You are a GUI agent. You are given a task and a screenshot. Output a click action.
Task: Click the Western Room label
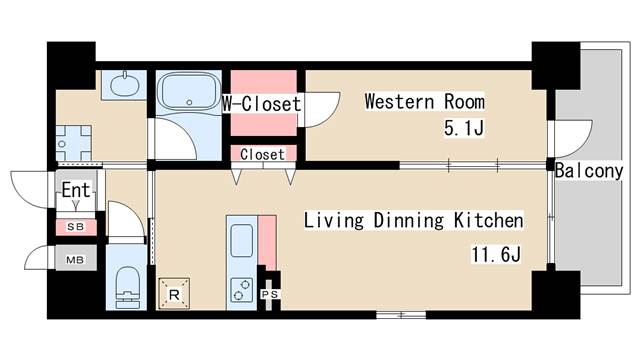click(424, 101)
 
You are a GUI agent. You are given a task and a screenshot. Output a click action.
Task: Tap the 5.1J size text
click(464, 129)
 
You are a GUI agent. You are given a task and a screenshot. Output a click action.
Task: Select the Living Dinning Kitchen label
click(413, 220)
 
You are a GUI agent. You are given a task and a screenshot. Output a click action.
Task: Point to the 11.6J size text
click(496, 254)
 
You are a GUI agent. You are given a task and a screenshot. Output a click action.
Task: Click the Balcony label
click(589, 171)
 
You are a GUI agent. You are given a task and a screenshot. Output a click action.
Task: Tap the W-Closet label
click(262, 104)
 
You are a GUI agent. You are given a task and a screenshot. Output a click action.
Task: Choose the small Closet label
click(262, 154)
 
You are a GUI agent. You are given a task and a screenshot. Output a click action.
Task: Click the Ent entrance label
click(76, 190)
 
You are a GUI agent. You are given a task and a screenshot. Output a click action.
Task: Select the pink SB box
click(76, 227)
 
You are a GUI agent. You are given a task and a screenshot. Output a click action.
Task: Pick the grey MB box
click(76, 258)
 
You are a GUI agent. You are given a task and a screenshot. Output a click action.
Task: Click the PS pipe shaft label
click(269, 294)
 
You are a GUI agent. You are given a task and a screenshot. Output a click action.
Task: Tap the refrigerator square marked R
click(174, 293)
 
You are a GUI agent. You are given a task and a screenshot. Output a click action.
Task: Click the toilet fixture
click(127, 288)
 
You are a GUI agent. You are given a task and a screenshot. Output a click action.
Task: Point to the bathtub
click(189, 91)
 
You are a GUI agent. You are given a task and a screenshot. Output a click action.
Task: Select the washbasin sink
click(124, 84)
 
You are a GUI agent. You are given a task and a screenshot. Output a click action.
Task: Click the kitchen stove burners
click(242, 290)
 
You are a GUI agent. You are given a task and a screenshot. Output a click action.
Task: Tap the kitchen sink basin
click(242, 240)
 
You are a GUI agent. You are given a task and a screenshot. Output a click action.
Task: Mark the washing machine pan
click(73, 143)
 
